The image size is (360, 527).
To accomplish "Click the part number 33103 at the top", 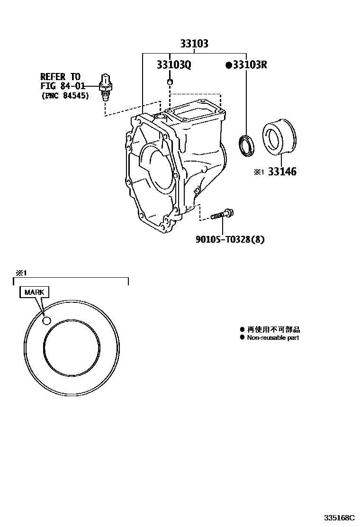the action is click(x=194, y=44).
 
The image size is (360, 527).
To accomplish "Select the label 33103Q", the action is click(x=174, y=65).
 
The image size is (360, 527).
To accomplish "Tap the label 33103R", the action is click(x=250, y=65).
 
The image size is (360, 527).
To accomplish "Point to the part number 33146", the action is click(x=282, y=172).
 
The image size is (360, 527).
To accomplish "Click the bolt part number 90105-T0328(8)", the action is click(x=230, y=239).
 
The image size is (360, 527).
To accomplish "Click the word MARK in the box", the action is click(x=34, y=292).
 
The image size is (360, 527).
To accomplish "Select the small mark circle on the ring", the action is click(x=46, y=321).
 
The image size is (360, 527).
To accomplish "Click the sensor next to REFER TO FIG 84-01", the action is click(x=106, y=87).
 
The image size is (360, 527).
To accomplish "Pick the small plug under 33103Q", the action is click(x=170, y=83).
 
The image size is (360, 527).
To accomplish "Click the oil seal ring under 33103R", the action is click(x=246, y=144).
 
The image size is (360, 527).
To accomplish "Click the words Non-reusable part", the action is click(x=273, y=338).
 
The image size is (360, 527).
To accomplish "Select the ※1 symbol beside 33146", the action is click(x=258, y=173).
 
